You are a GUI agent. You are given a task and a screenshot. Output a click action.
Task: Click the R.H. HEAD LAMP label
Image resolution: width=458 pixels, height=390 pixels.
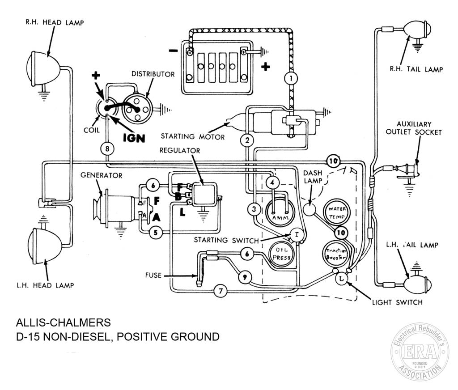point(55,22)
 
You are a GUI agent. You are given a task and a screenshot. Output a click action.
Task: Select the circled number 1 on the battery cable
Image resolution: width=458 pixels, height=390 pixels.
point(291,78)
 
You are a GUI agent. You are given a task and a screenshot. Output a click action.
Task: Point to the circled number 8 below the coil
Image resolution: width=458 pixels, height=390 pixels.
point(107,148)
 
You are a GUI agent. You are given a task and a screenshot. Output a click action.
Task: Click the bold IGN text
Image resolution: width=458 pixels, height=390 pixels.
point(134,138)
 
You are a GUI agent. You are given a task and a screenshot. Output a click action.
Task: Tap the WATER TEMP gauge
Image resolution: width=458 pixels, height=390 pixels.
point(337,213)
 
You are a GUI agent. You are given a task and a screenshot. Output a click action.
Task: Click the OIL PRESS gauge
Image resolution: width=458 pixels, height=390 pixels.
point(281,254)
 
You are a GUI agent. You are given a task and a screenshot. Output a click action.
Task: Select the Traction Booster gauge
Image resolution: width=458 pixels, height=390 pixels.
point(336,254)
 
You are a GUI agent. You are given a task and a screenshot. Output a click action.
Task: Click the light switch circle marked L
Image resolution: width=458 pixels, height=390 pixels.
point(341,278)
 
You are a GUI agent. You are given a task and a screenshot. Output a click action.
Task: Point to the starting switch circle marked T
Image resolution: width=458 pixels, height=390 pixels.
point(297,235)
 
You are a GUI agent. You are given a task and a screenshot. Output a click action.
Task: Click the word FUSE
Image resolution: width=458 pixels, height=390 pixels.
point(153,275)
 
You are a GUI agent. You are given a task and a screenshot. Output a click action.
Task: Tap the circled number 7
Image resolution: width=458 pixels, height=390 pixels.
point(221,291)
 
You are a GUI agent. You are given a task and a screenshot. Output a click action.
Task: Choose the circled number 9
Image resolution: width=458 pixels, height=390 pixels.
point(245,276)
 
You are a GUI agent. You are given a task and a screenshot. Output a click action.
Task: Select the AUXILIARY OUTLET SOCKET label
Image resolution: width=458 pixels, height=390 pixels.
point(414,128)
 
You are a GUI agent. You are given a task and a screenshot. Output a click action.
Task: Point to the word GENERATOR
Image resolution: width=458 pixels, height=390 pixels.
point(102,175)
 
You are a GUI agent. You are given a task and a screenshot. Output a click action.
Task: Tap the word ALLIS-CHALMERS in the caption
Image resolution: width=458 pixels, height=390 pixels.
point(64,322)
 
